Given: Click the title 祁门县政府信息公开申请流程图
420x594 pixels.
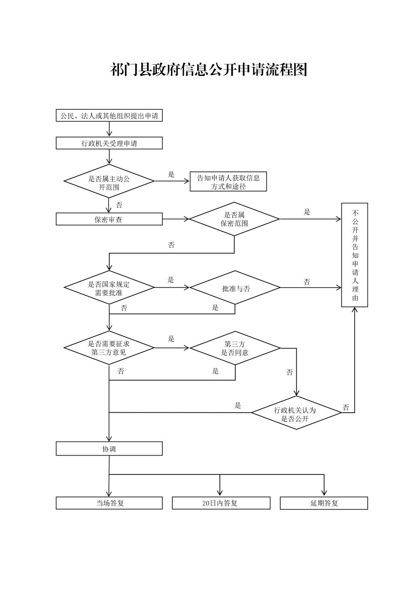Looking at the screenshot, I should click(x=209, y=69).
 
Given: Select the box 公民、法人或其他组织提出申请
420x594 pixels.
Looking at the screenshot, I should click(x=109, y=116).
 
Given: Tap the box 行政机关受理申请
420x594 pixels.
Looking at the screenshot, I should click(x=109, y=143).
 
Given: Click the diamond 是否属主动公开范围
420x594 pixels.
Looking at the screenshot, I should click(x=109, y=181).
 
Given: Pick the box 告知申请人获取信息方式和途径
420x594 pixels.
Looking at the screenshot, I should click(x=228, y=182).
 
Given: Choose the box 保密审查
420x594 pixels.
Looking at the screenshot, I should click(x=109, y=219).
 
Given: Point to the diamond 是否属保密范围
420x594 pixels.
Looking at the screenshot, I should click(x=234, y=219).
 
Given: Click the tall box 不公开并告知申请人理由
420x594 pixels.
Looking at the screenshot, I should click(x=354, y=255).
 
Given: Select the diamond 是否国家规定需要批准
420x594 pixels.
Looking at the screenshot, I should click(x=109, y=288).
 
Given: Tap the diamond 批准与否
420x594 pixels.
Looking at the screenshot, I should click(x=235, y=288).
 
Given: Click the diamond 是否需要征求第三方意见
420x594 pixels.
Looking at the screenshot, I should click(x=109, y=348).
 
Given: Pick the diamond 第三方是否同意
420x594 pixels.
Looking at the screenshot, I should click(x=235, y=348).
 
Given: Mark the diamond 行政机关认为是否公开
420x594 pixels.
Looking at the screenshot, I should click(x=296, y=413).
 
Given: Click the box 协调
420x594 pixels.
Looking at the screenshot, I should click(x=109, y=449).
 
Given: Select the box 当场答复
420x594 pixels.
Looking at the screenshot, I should click(x=109, y=503).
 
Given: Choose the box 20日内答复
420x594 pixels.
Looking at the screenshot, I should click(x=221, y=503).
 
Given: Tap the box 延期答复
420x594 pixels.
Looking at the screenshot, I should click(x=324, y=503).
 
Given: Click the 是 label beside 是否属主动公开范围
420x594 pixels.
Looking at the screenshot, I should click(x=171, y=174).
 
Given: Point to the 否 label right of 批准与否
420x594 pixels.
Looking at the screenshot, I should click(x=307, y=282).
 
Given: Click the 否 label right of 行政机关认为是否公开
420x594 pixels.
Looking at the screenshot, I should click(x=346, y=408).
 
